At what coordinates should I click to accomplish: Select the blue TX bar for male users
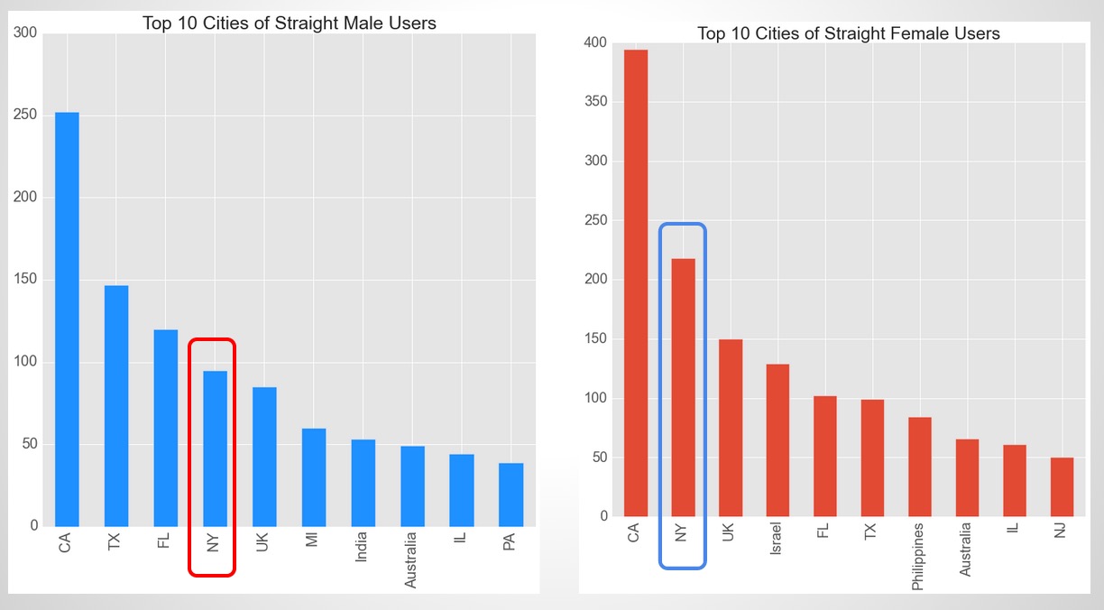116,405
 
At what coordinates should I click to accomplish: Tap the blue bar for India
363,483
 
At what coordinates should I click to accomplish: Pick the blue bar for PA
511,494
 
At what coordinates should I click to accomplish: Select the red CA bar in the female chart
636,282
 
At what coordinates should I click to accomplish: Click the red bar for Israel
777,439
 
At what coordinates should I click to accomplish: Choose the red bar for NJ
1062,486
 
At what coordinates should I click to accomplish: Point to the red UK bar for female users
731,428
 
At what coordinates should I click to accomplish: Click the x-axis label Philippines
918,556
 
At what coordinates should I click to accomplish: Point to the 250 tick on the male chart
26,116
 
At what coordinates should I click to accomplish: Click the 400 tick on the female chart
595,43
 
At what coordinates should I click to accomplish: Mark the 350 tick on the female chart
595,102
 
